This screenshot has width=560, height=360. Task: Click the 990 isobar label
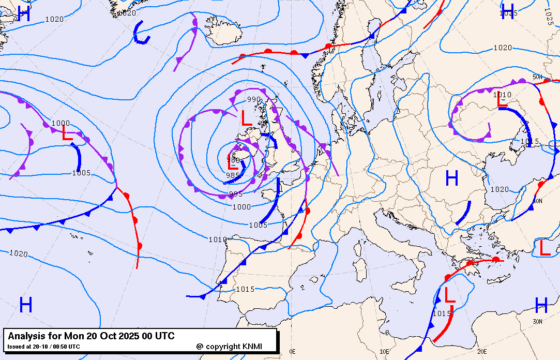click(254, 99)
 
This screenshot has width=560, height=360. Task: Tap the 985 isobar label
click(233, 175)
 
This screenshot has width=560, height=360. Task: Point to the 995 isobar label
click(236, 194)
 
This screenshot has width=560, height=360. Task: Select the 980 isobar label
click(233, 160)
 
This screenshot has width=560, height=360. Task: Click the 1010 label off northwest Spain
click(218, 239)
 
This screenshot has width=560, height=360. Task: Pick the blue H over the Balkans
click(451, 178)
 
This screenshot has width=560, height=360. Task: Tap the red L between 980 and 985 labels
click(233, 166)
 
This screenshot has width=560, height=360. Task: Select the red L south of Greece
click(449, 295)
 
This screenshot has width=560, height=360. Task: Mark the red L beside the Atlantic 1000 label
click(67, 133)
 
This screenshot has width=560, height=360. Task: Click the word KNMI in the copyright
click(255, 347)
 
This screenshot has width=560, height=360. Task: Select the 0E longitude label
click(293, 351)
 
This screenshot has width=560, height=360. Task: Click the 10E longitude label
click(384, 351)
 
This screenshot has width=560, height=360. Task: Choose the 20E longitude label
click(482, 351)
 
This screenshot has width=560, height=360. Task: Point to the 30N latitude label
click(538, 321)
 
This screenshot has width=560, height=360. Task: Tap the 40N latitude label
click(538, 201)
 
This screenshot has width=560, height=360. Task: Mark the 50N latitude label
click(538, 78)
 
